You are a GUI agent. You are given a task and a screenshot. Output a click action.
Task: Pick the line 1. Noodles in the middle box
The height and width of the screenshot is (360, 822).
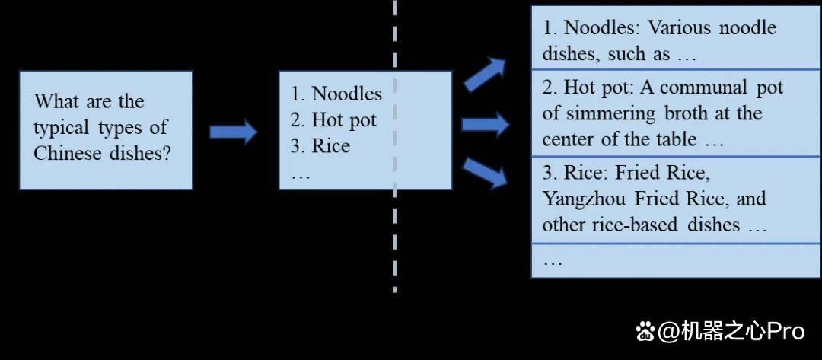click(x=336, y=94)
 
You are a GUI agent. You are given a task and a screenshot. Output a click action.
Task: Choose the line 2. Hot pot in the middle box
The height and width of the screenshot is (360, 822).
click(x=333, y=120)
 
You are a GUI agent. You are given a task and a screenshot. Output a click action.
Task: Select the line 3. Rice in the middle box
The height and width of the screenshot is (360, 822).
click(x=320, y=145)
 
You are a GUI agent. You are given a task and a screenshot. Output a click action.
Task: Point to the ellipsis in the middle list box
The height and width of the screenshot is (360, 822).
click(x=301, y=176)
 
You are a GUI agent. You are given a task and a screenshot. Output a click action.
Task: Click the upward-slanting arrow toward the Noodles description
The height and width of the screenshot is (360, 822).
click(x=484, y=75)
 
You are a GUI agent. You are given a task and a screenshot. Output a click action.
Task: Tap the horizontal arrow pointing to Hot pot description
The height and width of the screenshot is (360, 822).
click(x=486, y=124)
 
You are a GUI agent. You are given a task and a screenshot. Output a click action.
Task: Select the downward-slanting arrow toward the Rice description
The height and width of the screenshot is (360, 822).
click(x=486, y=174)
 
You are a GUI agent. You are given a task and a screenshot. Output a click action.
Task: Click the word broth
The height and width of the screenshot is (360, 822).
click(x=685, y=113)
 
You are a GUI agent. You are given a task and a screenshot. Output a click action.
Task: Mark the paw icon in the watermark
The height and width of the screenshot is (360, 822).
click(x=645, y=331)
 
